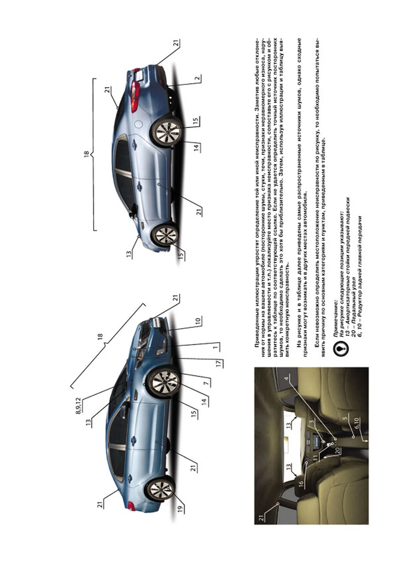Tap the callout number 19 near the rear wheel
coord(180,509)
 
